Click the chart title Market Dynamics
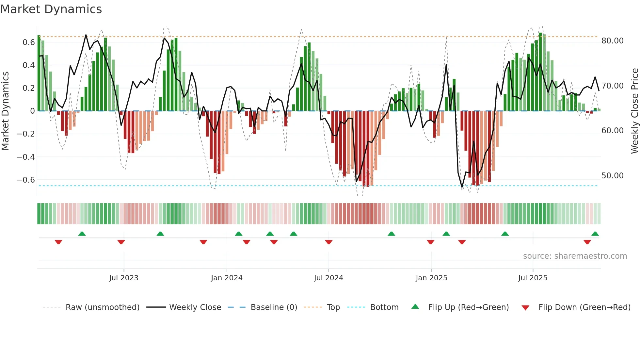click(51, 9)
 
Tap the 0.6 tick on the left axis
click(29, 42)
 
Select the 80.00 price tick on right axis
click(612, 41)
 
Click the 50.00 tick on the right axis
click(612, 176)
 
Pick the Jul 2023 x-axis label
click(124, 278)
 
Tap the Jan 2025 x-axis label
click(431, 278)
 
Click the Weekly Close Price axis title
click(634, 111)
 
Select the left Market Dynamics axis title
click(5, 111)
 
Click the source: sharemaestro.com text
click(575, 256)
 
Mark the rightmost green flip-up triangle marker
click(595, 234)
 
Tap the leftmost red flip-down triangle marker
click(58, 242)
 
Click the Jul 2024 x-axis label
click(328, 278)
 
